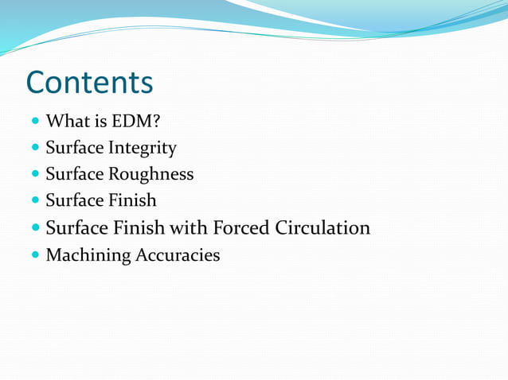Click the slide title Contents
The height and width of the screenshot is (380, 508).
click(89, 82)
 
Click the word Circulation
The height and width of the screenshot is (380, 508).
click(322, 228)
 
